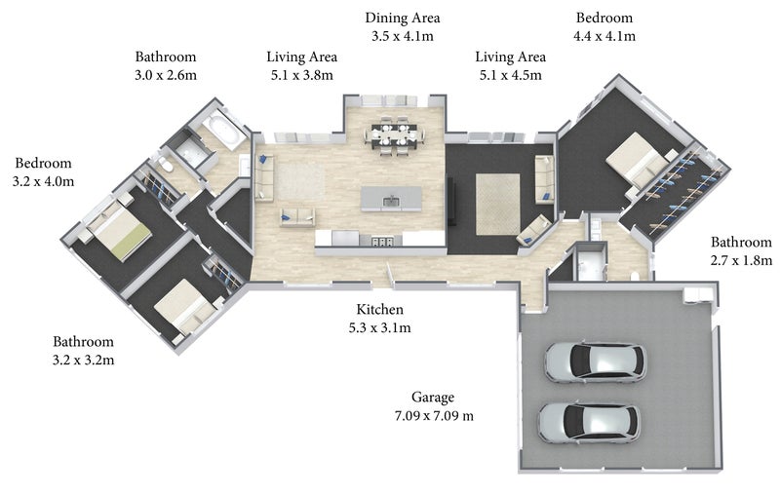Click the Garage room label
point(432,398)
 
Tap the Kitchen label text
point(379,310)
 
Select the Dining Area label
point(403,18)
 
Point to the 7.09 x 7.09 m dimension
point(434,416)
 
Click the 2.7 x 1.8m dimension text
point(741,260)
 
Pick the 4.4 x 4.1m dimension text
point(604,36)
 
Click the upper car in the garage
point(596,362)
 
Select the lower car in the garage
point(590,423)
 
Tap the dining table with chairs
point(395,134)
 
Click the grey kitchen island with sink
point(391,199)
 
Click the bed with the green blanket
point(119,231)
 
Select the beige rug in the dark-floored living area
point(498,205)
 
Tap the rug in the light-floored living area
point(300,181)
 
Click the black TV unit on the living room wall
point(451,201)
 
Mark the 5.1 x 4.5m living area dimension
point(511,76)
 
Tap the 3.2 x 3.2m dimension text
point(84,361)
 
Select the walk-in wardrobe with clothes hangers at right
point(679,191)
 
